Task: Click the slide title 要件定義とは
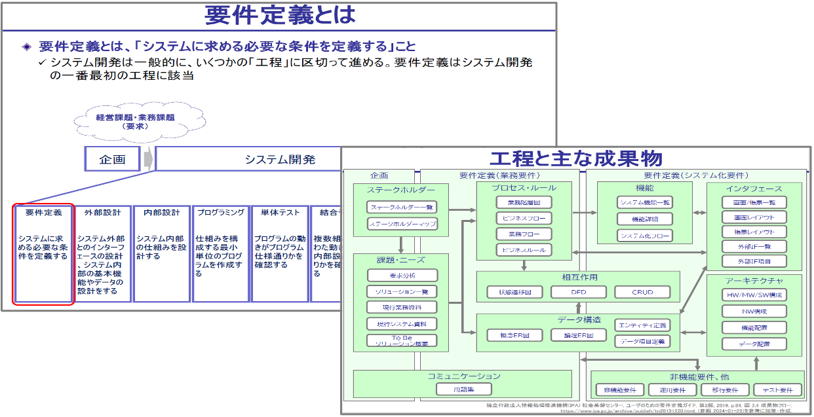click(x=281, y=15)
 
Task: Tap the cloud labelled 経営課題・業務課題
click(x=135, y=121)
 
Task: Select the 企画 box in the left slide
click(x=112, y=159)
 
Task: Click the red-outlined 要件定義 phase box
click(x=43, y=253)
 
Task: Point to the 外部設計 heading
click(x=102, y=213)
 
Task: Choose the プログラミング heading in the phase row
click(x=220, y=213)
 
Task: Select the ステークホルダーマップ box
click(x=402, y=225)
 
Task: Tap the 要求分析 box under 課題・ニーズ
click(x=402, y=276)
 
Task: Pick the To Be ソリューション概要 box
click(x=402, y=341)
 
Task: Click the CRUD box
click(x=642, y=292)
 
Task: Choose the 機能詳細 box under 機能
click(x=645, y=219)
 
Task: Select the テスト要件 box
click(x=777, y=390)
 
